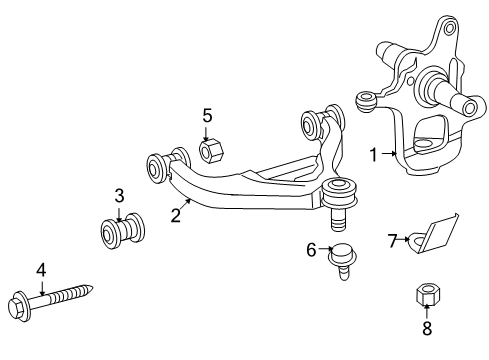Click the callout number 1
coord(374,155)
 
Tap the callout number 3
coord(118,194)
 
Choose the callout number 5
coord(207,116)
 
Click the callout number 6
coord(311,250)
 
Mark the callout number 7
coord(393,239)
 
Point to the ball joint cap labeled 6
coord(341,255)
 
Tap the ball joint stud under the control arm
coord(338,212)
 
